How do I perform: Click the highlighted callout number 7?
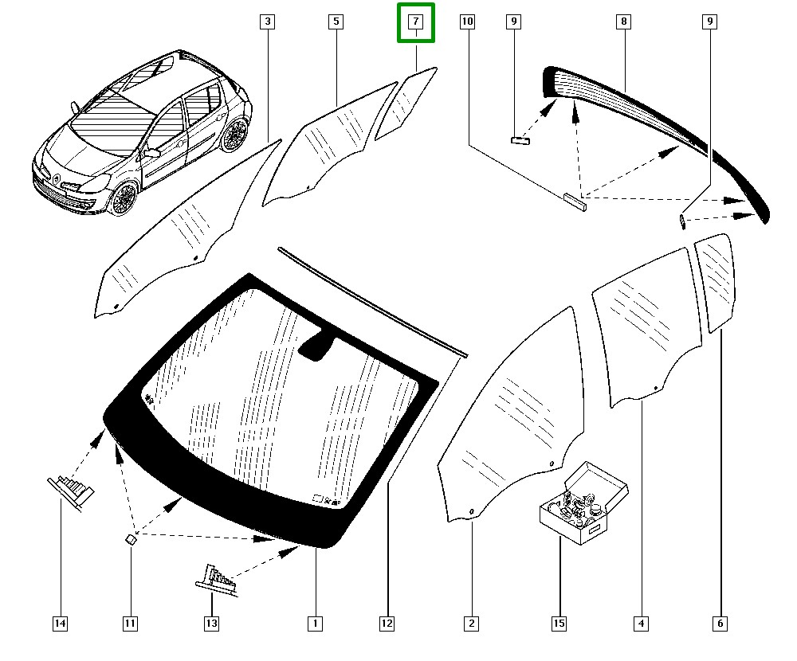click(x=417, y=22)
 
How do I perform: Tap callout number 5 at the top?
click(x=336, y=22)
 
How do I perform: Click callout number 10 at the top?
click(x=467, y=22)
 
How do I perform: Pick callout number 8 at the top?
click(x=623, y=22)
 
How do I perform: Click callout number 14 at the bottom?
click(x=60, y=624)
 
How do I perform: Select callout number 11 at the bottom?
click(x=130, y=624)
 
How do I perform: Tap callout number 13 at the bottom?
click(x=211, y=624)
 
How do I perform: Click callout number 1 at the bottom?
click(x=315, y=624)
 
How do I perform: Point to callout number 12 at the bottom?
click(x=387, y=624)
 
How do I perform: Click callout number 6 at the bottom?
click(x=720, y=624)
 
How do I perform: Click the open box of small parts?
click(x=584, y=505)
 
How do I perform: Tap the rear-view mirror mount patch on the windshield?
click(x=319, y=346)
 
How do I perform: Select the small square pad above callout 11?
click(x=132, y=538)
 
